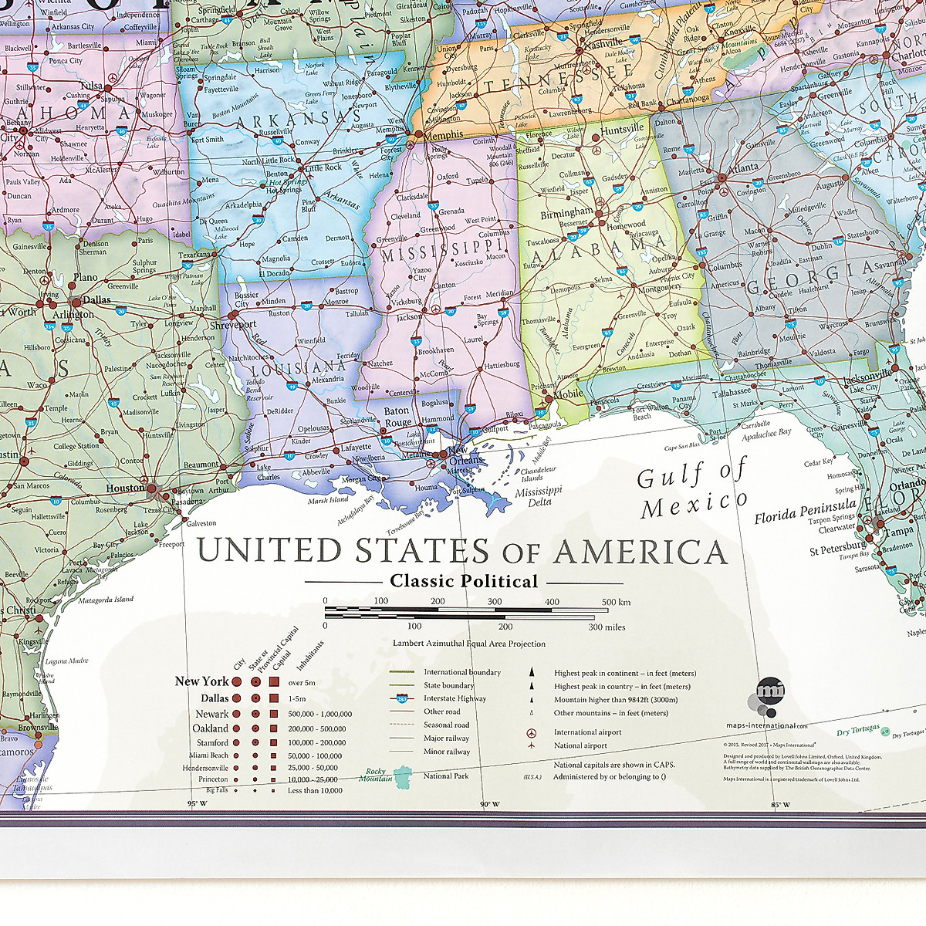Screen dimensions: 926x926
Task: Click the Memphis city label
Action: click(444, 134)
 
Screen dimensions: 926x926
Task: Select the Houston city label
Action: click(125, 488)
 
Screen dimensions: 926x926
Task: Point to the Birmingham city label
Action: click(566, 213)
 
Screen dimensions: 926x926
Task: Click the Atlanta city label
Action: click(743, 167)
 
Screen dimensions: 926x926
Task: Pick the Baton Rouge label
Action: click(398, 417)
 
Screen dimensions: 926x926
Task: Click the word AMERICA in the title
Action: click(640, 552)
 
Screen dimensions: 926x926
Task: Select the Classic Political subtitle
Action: click(464, 581)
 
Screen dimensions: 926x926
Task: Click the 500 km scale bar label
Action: click(616, 602)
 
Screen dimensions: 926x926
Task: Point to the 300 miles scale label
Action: click(607, 627)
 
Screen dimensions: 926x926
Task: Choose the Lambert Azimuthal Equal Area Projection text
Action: click(469, 644)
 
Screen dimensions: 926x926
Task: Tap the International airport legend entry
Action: click(587, 732)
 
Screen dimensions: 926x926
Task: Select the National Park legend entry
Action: click(445, 776)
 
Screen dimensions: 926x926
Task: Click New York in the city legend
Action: click(201, 681)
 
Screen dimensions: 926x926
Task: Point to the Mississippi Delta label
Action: click(539, 496)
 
